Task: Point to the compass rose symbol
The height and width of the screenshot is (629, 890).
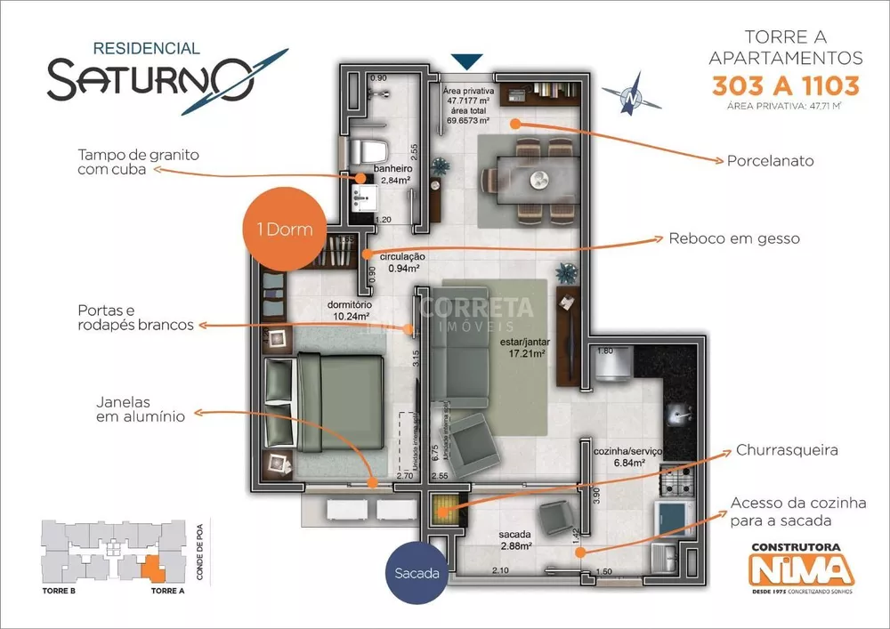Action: [x=631, y=97]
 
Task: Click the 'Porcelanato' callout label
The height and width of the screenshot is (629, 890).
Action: [x=770, y=161]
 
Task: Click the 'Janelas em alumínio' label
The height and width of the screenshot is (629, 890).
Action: [x=142, y=408]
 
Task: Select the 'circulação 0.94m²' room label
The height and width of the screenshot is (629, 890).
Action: [x=402, y=262]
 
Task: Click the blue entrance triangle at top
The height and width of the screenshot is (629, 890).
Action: [x=466, y=61]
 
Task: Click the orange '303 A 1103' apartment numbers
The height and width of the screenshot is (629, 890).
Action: [x=785, y=86]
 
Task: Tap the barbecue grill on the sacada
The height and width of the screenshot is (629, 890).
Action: [x=443, y=510]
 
